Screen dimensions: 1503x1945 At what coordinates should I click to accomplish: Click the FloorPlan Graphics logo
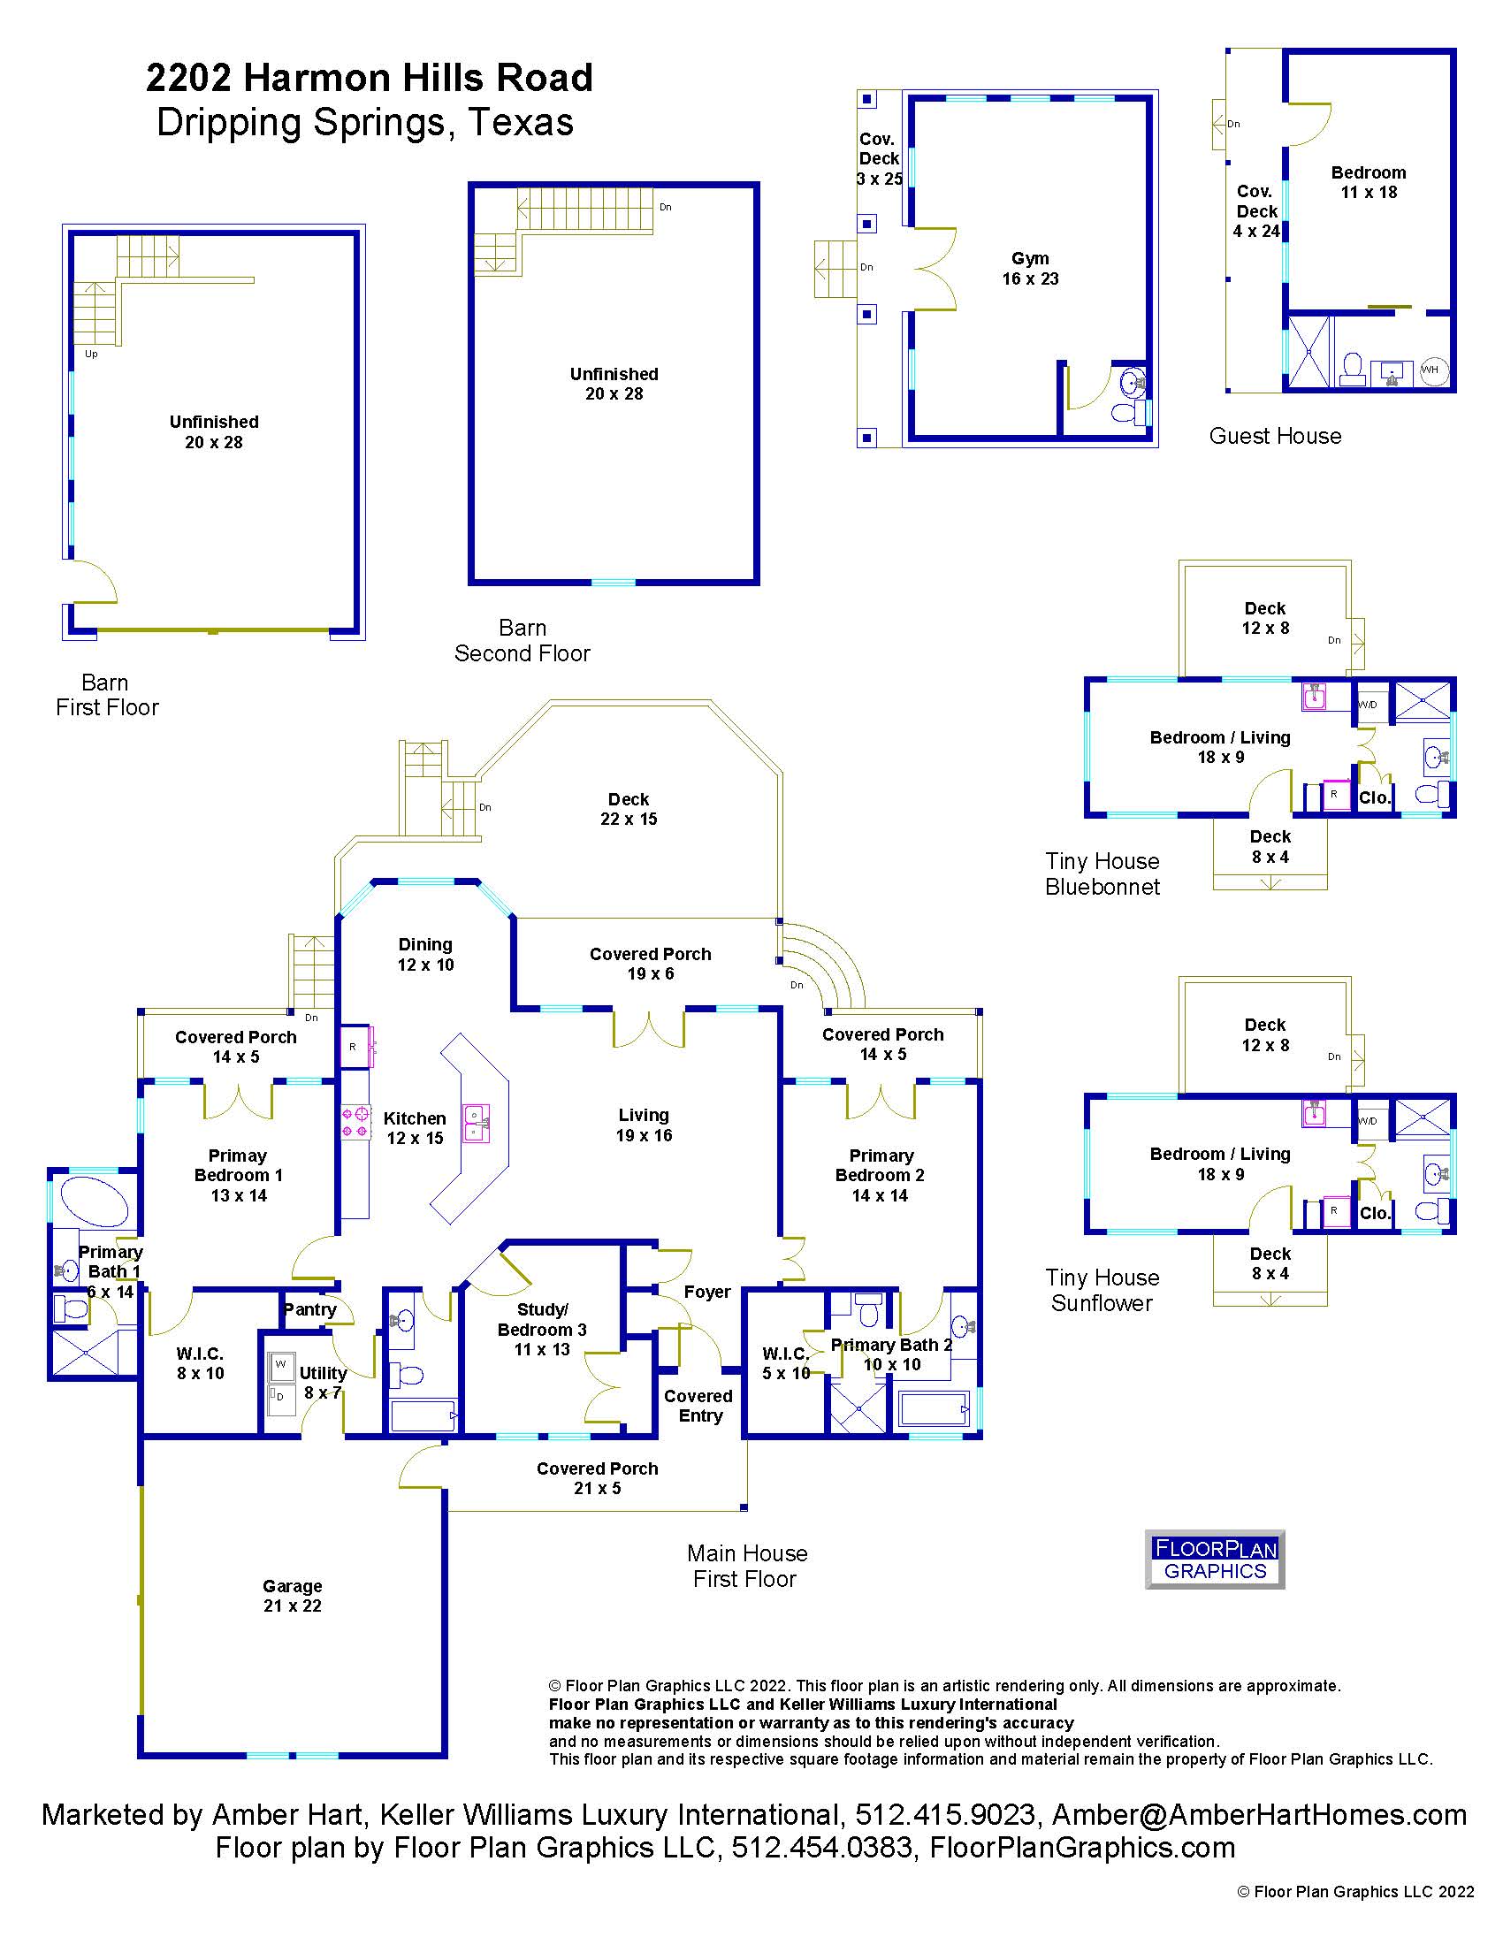point(1215,1559)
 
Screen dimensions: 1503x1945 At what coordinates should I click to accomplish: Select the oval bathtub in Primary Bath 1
point(94,1201)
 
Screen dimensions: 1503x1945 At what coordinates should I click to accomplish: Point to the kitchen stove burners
point(356,1121)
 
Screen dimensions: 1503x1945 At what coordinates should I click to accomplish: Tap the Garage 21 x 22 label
point(292,1595)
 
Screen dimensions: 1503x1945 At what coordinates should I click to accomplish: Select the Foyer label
point(707,1292)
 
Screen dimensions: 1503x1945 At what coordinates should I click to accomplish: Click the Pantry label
point(309,1309)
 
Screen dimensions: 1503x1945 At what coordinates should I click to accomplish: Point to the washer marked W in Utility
point(281,1364)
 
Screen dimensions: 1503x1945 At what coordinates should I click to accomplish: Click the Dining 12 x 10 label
point(425,954)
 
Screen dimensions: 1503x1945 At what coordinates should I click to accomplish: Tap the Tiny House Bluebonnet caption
point(1102,873)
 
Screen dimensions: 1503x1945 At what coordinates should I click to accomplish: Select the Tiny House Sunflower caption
point(1102,1291)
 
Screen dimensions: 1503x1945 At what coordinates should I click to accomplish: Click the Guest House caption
point(1275,436)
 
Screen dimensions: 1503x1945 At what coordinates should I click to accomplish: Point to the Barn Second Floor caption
point(523,640)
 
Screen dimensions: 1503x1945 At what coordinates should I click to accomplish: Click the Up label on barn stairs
point(91,354)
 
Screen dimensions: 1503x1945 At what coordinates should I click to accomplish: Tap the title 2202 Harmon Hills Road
point(370,78)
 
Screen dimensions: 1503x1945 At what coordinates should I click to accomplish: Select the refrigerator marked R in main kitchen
point(354,1047)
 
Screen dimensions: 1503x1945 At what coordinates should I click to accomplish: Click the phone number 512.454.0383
point(822,1848)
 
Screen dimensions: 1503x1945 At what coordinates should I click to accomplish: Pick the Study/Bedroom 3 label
point(541,1330)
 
